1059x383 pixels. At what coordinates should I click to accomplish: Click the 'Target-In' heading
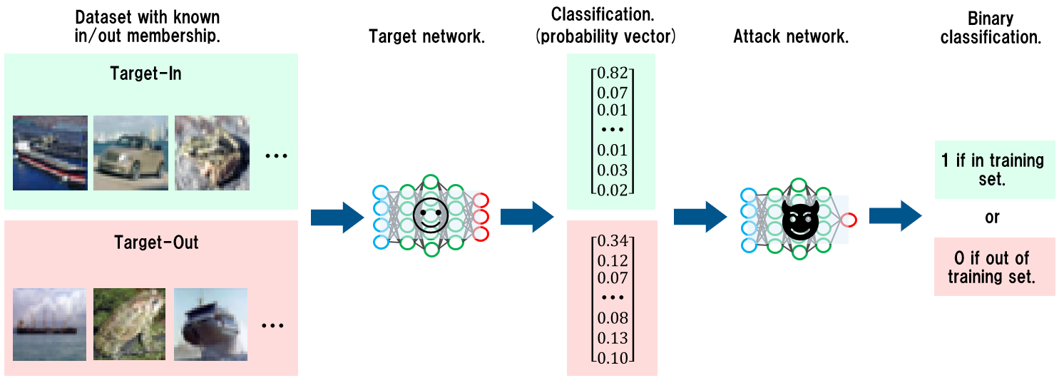tap(145, 73)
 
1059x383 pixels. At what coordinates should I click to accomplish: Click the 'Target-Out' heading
tap(156, 242)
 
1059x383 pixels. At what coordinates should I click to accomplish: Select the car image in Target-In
tap(131, 153)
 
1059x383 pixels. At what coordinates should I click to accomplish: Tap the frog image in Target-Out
tap(129, 322)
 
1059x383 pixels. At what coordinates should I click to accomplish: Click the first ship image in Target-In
tap(50, 153)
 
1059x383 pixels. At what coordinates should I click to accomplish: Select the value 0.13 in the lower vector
tap(613, 337)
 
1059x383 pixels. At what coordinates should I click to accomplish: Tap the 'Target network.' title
tap(426, 37)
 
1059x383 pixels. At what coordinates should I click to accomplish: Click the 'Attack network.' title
tap(791, 37)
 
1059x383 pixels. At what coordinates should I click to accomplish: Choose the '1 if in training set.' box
tap(994, 170)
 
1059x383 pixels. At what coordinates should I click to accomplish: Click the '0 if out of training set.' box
tap(994, 267)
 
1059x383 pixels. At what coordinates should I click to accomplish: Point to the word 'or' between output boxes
tap(992, 218)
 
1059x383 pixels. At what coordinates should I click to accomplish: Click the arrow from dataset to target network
tap(337, 217)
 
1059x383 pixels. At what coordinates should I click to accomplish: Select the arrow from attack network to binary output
tap(895, 216)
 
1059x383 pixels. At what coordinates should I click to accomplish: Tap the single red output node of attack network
tap(848, 220)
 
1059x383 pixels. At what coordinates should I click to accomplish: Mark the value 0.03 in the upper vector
tap(612, 170)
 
